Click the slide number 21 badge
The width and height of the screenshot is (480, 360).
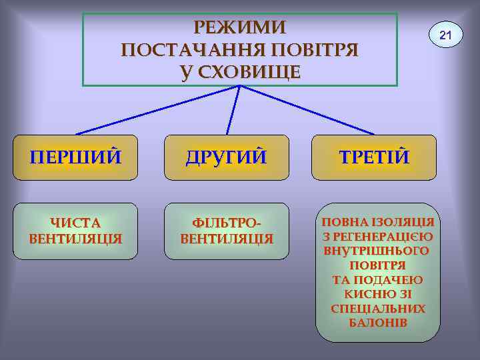coord(445,33)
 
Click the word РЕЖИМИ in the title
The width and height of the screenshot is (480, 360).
coord(240,27)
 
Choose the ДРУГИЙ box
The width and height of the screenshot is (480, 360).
coord(226,157)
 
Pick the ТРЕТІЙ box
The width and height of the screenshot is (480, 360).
coord(374,157)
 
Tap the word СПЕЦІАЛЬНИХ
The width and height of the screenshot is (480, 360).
coord(378,309)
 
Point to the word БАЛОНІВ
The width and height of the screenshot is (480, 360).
coord(377,323)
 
